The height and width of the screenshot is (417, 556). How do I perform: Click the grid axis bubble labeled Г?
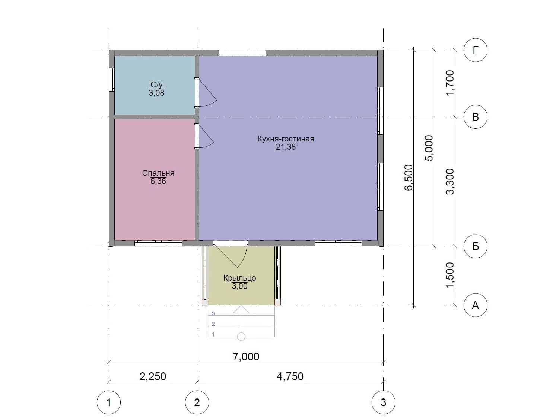[475, 50]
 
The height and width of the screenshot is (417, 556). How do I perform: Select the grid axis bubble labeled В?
[475, 117]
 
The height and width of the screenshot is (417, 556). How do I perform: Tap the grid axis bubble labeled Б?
[475, 246]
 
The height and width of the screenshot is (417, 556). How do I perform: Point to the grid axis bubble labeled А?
[475, 305]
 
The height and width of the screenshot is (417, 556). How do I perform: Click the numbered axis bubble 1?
[109, 402]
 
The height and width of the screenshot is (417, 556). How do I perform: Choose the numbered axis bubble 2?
[197, 402]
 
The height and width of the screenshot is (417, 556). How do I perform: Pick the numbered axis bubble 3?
[383, 402]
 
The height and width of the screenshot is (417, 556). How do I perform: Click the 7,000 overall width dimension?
[246, 357]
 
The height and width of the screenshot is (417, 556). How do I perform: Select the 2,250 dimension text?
[153, 376]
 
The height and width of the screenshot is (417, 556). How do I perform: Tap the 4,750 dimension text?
[290, 376]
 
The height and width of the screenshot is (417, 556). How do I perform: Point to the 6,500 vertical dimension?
[408, 178]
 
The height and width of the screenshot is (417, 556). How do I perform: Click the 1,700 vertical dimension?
[450, 83]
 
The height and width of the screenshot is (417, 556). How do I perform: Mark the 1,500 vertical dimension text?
[450, 275]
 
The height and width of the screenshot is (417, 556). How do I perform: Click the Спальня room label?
[158, 173]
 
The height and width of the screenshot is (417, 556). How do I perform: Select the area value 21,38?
[286, 147]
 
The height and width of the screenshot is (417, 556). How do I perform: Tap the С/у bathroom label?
[156, 85]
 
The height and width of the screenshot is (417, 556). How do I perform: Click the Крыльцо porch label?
[239, 278]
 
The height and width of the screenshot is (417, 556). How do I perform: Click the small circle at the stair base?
[241, 337]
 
